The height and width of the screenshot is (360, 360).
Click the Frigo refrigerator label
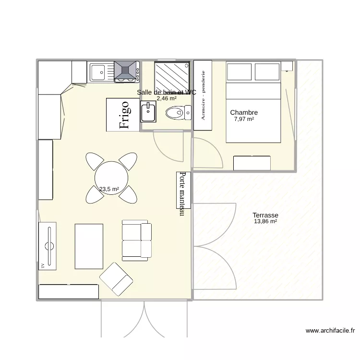[123, 114]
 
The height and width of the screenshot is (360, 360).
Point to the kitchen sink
[100, 72]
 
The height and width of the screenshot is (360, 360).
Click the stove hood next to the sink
[126, 72]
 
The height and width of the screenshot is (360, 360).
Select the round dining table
[111, 177]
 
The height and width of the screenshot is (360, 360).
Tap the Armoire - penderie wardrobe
[203, 95]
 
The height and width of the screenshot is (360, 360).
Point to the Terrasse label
[265, 216]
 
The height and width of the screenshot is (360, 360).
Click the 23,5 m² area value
[109, 189]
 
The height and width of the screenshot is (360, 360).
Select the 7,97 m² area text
[244, 120]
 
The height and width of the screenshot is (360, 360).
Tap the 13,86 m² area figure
[265, 222]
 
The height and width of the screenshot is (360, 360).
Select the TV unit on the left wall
[48, 246]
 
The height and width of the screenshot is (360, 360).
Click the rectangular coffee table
[89, 246]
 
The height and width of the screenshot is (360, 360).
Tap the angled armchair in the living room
[116, 279]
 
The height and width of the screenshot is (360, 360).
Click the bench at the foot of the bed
[252, 163]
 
